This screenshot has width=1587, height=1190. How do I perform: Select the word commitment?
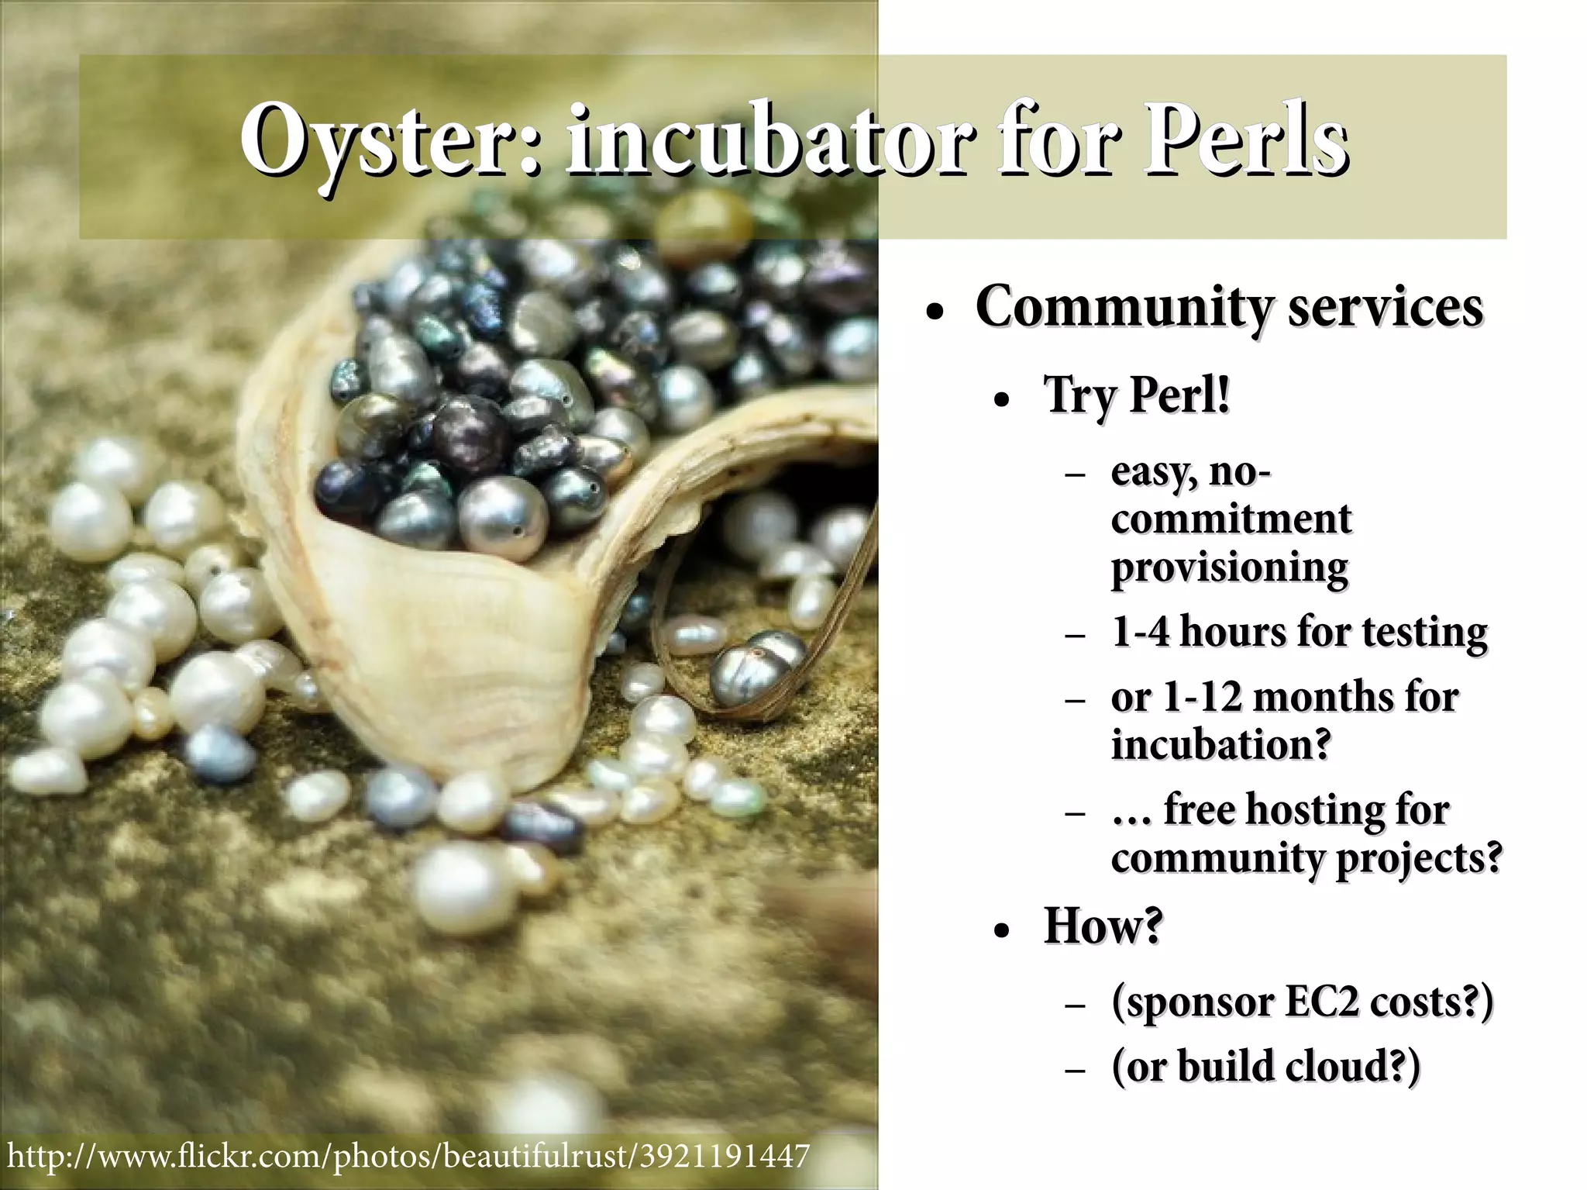[1231, 519]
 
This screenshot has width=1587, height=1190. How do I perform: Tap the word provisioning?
[1230, 567]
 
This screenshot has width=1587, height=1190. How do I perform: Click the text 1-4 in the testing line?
[1141, 632]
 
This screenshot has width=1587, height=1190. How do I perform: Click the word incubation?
[1221, 744]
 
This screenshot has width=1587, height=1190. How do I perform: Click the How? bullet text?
[1103, 925]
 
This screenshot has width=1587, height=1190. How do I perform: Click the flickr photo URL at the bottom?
[408, 1155]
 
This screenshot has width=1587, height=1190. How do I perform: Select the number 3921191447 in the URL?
[724, 1155]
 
